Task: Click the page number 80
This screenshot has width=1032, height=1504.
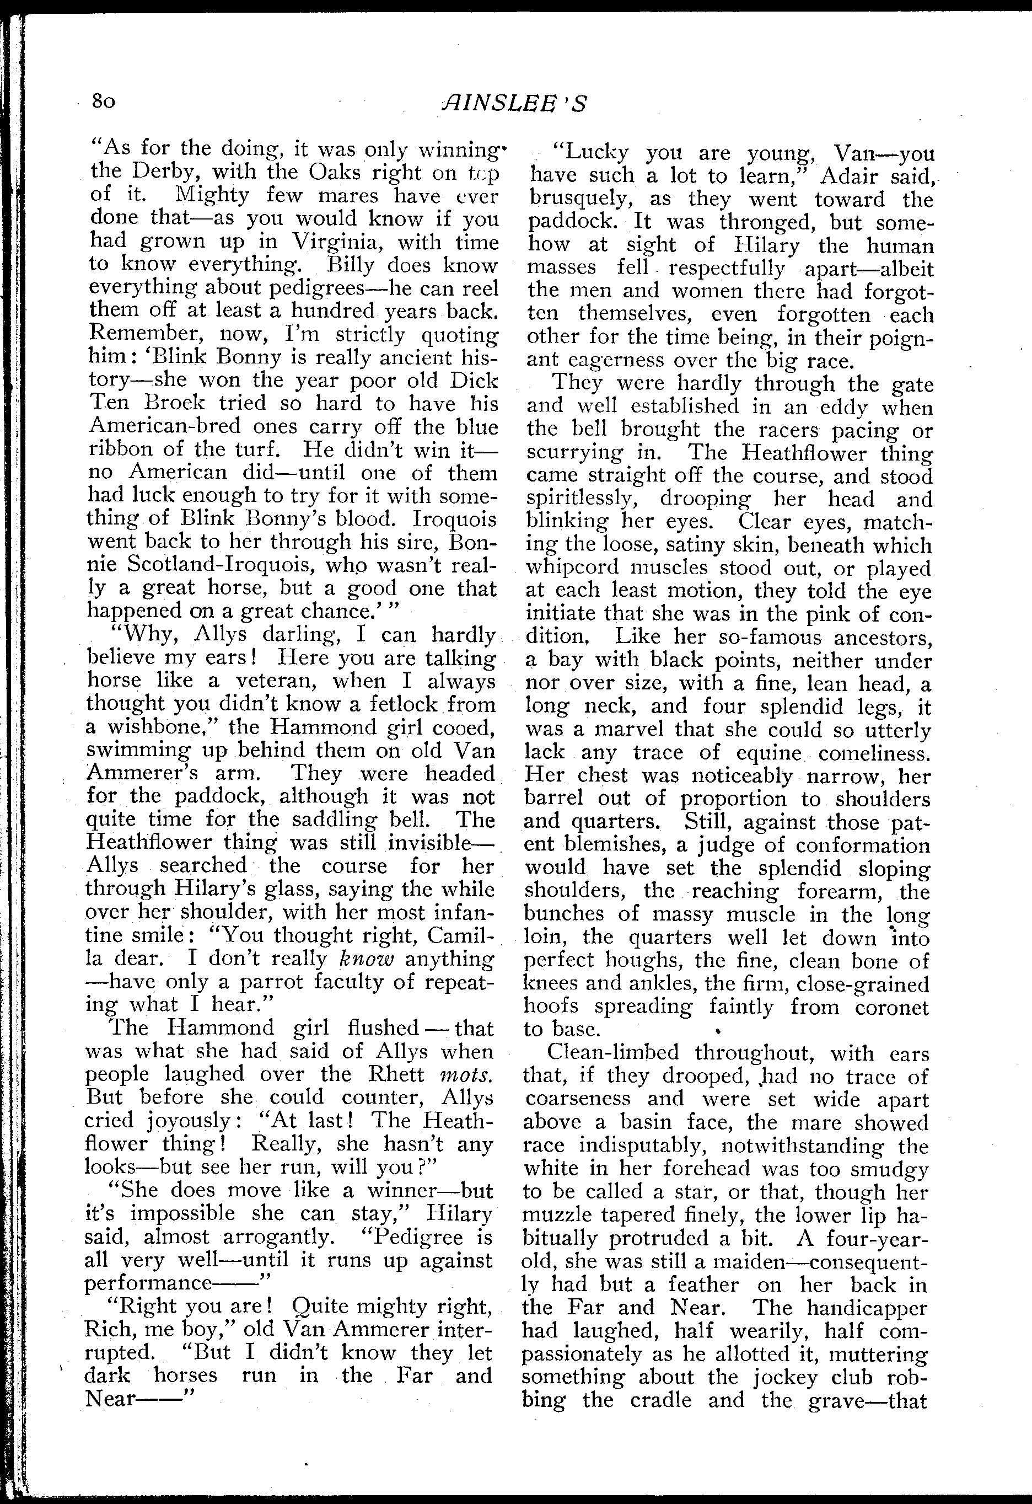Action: pyautogui.click(x=104, y=101)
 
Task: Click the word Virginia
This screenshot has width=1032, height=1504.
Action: pyautogui.click(x=340, y=242)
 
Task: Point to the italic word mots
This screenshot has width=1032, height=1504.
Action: pyautogui.click(x=466, y=1074)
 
